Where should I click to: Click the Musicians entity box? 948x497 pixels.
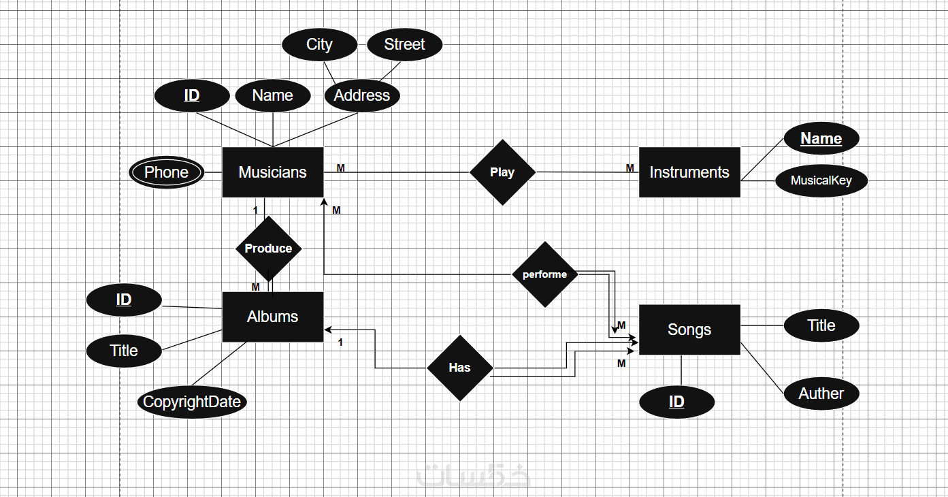pyautogui.click(x=272, y=172)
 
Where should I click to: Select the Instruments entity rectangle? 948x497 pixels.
pyautogui.click(x=689, y=172)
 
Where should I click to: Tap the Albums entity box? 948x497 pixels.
pyautogui.click(x=272, y=317)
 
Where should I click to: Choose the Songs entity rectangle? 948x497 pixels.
pyautogui.click(x=689, y=330)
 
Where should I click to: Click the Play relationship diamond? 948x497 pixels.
pyautogui.click(x=502, y=172)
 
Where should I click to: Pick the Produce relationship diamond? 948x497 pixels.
pyautogui.click(x=268, y=248)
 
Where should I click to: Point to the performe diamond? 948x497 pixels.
pyautogui.click(x=544, y=274)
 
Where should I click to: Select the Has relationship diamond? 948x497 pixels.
pyautogui.click(x=459, y=368)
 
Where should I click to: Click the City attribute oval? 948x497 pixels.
pyautogui.click(x=319, y=45)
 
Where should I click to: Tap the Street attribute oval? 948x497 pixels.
pyautogui.click(x=404, y=45)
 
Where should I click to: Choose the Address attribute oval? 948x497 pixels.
pyautogui.click(x=361, y=95)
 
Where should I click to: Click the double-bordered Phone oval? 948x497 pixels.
pyautogui.click(x=167, y=172)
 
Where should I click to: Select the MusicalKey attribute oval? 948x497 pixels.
pyautogui.click(x=821, y=181)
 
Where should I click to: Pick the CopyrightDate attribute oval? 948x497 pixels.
pyautogui.click(x=192, y=402)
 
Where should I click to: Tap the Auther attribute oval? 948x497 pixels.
pyautogui.click(x=821, y=394)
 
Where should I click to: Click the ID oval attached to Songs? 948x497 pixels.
pyautogui.click(x=676, y=402)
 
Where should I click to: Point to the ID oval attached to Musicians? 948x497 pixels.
pyautogui.click(x=192, y=95)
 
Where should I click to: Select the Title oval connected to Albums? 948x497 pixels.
pyautogui.click(x=124, y=351)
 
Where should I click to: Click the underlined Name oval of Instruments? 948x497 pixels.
pyautogui.click(x=821, y=138)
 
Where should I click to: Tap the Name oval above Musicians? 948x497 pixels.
pyautogui.click(x=272, y=95)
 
